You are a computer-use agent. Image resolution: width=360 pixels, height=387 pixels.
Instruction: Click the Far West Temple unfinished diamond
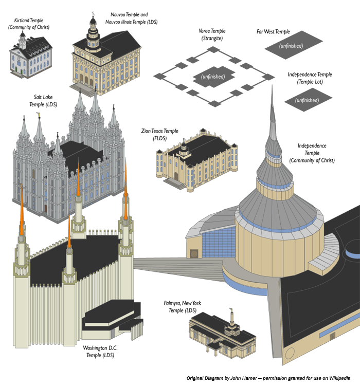[x=291, y=46]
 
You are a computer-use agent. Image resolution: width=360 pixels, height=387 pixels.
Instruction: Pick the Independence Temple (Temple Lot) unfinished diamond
[x=307, y=100]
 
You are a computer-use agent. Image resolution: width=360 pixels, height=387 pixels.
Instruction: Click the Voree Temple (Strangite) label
[x=212, y=34]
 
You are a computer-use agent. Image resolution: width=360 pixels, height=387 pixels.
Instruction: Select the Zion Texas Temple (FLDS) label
[x=159, y=135]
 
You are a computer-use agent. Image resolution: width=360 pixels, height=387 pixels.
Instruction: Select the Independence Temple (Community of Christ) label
[x=312, y=153]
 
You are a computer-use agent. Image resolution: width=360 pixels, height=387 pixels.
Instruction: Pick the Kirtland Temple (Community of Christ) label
[x=28, y=24]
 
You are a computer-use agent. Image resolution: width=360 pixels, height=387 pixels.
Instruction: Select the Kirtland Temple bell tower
[x=22, y=38]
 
